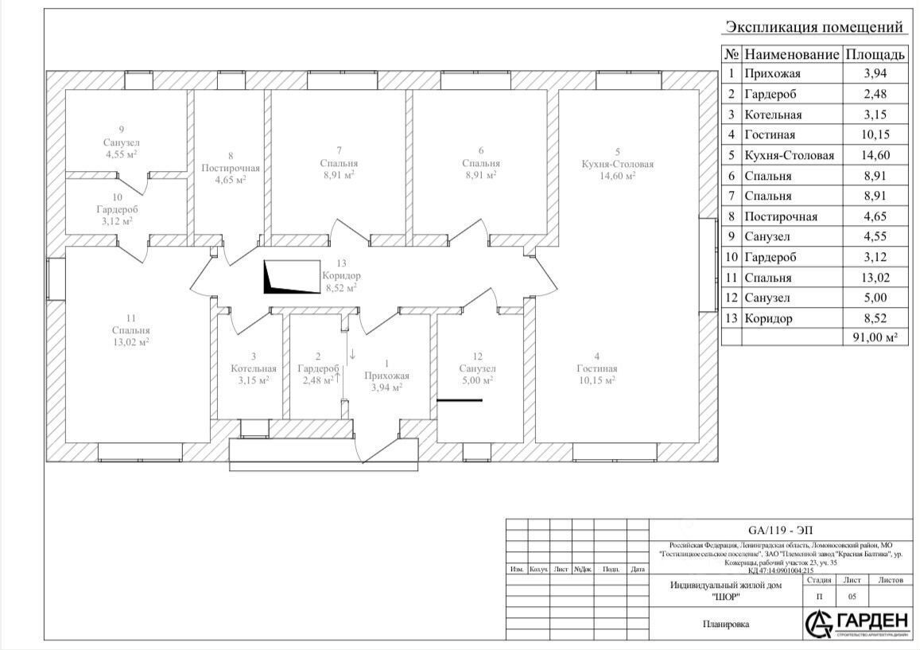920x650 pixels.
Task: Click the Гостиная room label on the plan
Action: [x=597, y=368]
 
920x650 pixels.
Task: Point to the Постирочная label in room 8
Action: [x=231, y=168]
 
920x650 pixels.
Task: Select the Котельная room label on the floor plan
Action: [x=254, y=368]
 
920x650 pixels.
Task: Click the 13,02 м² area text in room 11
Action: [x=131, y=342]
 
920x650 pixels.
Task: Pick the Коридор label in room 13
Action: [x=342, y=276]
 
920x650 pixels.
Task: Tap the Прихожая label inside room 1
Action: [x=386, y=376]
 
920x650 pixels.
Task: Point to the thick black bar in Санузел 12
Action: [x=459, y=400]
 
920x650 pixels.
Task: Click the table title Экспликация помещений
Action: [x=814, y=28]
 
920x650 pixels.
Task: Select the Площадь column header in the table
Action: [x=875, y=55]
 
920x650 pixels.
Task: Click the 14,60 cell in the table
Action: [x=875, y=156]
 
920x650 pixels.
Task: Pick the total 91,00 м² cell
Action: [x=875, y=338]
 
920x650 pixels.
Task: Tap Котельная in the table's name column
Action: [x=773, y=115]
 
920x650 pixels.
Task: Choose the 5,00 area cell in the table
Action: [x=875, y=298]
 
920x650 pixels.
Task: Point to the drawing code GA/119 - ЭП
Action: [x=781, y=530]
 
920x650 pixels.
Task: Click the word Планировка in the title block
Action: [x=726, y=625]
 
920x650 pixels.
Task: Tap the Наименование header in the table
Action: [x=792, y=55]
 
